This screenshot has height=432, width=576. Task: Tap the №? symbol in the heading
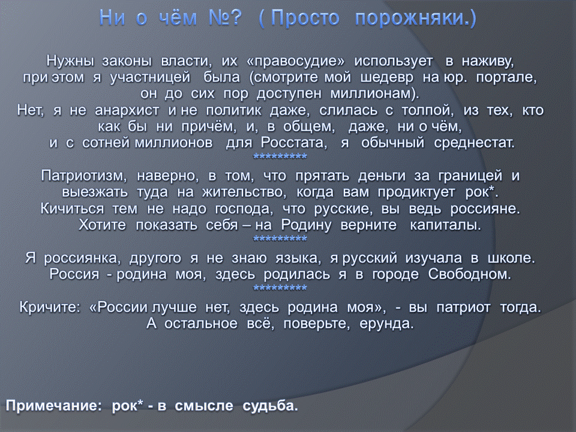pos(225,17)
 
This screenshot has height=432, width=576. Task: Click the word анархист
pos(127,110)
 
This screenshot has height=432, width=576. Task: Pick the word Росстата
pos(294,143)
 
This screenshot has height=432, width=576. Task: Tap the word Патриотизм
pos(84,176)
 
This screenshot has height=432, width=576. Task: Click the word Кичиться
pos(73,209)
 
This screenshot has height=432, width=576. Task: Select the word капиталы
pos(445,225)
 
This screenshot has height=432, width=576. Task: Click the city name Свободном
pos(470,274)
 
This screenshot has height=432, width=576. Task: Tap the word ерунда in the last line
pos(386,323)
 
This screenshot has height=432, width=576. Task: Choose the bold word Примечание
pos(53,406)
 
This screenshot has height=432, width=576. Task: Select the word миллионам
pos(374,94)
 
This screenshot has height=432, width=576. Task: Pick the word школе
pos(511,258)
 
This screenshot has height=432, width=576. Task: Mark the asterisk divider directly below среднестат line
pos(280,157)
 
